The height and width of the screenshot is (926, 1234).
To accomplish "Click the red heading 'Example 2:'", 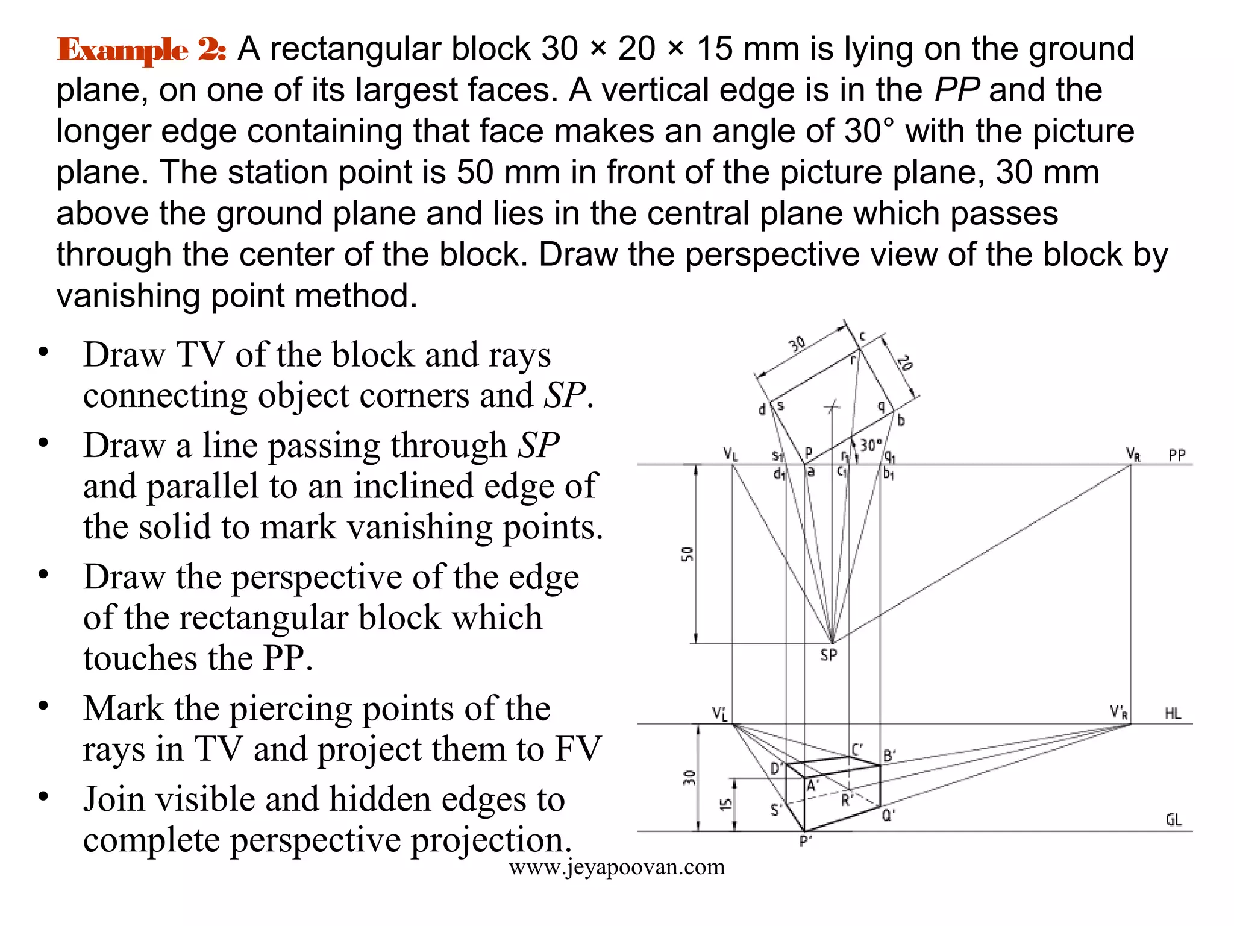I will [142, 49].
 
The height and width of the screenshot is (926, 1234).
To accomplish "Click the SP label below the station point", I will [828, 655].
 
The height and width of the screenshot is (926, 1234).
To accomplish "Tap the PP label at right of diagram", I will [1176, 455].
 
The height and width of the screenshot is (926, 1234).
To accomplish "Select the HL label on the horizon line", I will [1173, 714].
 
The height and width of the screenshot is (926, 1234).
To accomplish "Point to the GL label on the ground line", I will [1173, 820].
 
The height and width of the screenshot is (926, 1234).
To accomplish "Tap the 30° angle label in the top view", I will [871, 446].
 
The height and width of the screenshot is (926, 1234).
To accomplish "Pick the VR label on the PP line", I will [1133, 454].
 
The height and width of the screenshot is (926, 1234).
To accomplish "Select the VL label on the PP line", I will [730, 453].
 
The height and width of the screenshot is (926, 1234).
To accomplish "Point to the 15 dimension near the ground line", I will [726, 804].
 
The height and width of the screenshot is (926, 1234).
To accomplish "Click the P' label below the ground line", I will [805, 842].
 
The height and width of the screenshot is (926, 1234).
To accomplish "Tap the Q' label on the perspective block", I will [888, 816].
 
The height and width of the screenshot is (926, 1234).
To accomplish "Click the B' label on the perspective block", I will [889, 755].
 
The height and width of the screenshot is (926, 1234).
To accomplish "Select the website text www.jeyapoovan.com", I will [616, 867].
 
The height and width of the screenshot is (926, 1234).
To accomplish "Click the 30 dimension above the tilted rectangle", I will [797, 344].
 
